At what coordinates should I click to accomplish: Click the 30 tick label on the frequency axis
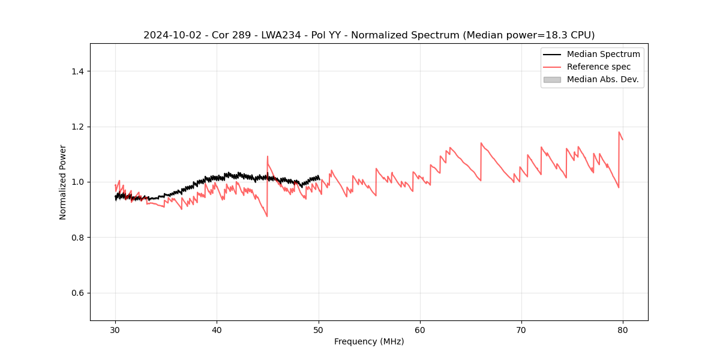(x=115, y=330)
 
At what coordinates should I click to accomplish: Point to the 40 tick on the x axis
(x=217, y=330)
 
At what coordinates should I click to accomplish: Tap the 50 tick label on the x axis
(x=318, y=330)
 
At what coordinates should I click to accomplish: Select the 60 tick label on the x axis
(x=420, y=330)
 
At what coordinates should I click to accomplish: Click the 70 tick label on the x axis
(x=521, y=330)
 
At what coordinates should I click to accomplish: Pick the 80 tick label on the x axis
(x=623, y=330)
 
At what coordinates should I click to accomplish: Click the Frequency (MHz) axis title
(x=369, y=341)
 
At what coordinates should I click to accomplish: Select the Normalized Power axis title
(x=63, y=182)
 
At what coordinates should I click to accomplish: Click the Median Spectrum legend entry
(x=603, y=54)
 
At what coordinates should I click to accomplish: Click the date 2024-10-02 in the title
(x=169, y=35)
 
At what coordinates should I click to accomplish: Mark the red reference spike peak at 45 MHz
(x=268, y=157)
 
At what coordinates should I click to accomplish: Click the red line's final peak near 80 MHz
(x=619, y=132)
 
